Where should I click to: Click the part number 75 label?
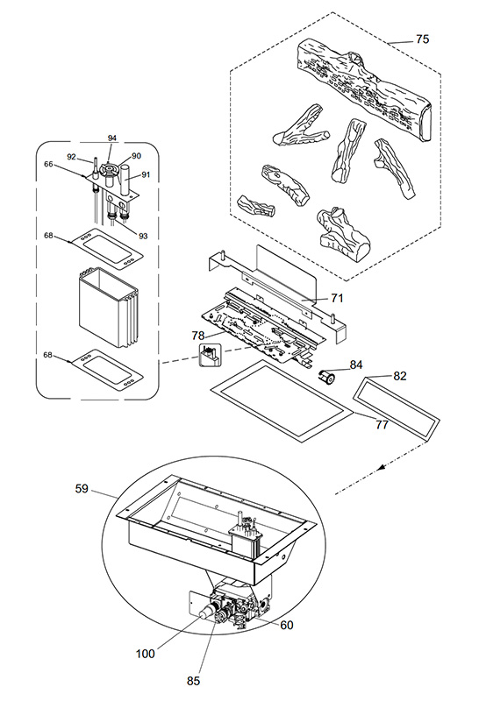tap(422, 39)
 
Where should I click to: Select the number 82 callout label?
tap(400, 376)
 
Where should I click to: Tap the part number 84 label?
tap(356, 365)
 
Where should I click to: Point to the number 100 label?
tap(145, 654)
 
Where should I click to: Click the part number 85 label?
tap(193, 681)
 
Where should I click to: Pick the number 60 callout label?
tap(287, 625)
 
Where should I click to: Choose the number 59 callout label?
tap(82, 489)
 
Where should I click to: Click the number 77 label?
tap(382, 424)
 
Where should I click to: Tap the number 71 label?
tap(337, 298)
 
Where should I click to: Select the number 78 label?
tap(198, 336)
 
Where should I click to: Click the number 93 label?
tap(142, 236)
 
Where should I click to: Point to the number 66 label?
tap(48, 164)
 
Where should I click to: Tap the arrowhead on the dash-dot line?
tap(382, 468)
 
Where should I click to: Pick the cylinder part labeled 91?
tap(125, 180)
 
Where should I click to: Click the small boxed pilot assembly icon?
tap(210, 356)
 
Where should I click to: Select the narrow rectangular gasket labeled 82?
tap(397, 407)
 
